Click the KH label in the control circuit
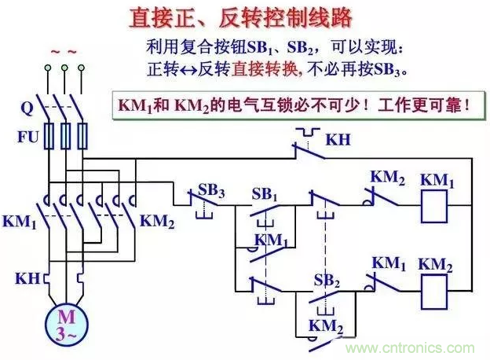coord(338,140)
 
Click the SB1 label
coord(265,193)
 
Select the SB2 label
coord(327,280)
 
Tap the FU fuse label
coord(27,136)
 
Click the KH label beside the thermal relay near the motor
coord(24,278)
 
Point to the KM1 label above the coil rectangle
coord(437,180)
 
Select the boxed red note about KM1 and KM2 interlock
coord(298,104)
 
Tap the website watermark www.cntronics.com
coord(411,348)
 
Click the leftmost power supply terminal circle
coord(48,69)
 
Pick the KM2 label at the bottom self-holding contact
coord(327,325)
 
